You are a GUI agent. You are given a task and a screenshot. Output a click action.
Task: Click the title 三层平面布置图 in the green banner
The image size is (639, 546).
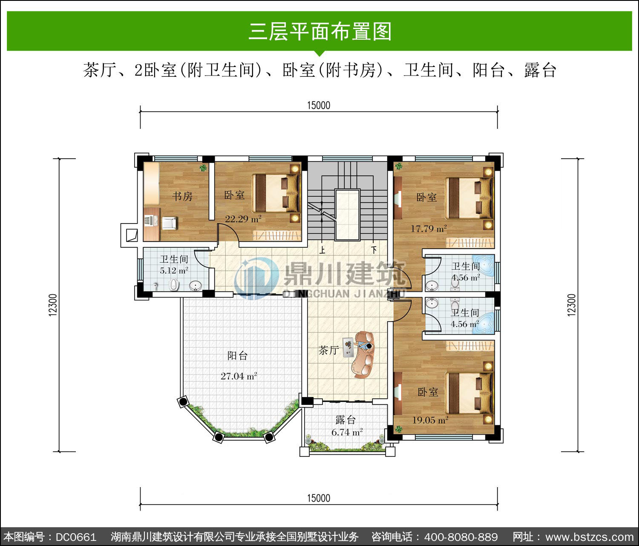pos(320,32)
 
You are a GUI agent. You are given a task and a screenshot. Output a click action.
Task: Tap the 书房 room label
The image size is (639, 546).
pos(182,196)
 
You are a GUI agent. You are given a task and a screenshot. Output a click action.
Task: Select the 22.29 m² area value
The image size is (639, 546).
pos(243,219)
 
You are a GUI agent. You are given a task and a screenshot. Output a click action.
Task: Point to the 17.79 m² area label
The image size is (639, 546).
pos(429,229)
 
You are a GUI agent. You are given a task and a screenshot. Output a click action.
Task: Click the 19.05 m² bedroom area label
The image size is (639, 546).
pos(430,420)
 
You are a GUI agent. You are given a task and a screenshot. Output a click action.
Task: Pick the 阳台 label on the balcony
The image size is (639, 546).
pos(237,356)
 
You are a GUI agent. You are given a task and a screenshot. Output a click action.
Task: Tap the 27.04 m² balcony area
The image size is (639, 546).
pos(239,376)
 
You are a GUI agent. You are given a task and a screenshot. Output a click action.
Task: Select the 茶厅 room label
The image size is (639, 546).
pos(328,350)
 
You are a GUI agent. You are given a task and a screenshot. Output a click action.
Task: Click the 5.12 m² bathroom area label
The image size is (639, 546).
pos(174,270)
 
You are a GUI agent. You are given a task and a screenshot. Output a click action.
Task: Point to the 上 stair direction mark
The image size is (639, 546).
pos(322,250)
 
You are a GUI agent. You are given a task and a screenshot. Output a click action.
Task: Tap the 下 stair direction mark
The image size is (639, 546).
pos(374,250)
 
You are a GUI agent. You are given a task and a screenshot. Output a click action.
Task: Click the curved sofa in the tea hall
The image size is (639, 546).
pos(365,355)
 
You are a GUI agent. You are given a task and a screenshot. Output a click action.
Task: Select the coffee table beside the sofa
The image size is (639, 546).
pos(348,347)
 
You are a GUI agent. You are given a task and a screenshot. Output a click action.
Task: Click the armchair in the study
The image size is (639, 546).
pos(169,223)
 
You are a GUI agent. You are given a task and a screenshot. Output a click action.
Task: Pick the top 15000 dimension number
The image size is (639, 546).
pos(319,105)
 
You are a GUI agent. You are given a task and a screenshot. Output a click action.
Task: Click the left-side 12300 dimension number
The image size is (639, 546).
pos(53,305)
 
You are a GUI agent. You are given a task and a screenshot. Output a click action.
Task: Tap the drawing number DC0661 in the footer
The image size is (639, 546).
pos(76,537)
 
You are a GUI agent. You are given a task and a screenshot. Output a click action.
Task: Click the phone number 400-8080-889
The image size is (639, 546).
pos(461,537)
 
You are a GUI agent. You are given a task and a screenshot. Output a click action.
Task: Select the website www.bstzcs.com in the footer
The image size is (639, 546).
pos(590,537)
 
